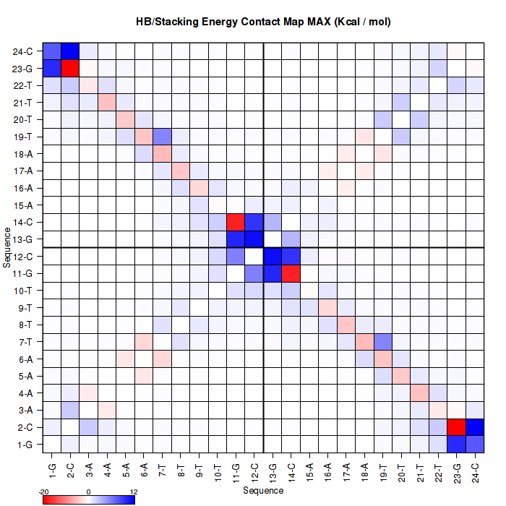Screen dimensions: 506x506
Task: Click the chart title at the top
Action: point(263,22)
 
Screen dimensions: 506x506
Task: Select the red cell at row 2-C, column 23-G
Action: point(457,426)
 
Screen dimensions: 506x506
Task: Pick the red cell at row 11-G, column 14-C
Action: point(291,273)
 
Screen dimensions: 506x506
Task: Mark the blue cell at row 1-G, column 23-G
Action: point(457,443)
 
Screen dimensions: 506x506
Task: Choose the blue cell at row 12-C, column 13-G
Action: point(273,256)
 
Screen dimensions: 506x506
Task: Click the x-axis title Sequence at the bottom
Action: point(263,491)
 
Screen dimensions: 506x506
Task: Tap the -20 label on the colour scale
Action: point(44,491)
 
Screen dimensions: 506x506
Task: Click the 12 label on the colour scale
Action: point(133,491)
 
